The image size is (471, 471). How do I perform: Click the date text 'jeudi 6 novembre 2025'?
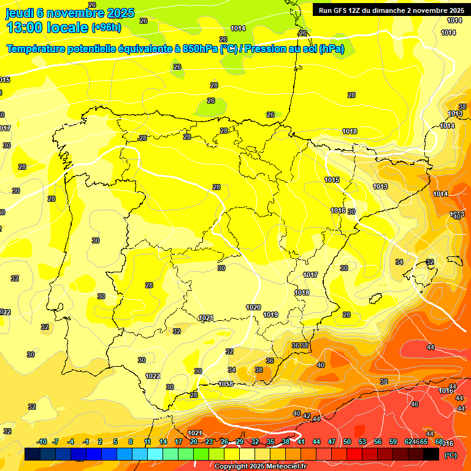tap(69, 13)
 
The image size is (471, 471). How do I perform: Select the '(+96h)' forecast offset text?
tap(106, 28)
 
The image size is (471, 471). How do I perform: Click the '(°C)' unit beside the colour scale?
tap(450, 455)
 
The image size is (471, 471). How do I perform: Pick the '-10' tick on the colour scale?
tap(42, 442)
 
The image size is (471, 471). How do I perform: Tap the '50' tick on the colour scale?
tap(347, 442)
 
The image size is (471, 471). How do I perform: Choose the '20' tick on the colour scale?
tap(194, 442)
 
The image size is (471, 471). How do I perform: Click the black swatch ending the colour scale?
tap(431, 454)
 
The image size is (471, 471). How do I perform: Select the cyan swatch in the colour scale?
tap(155, 454)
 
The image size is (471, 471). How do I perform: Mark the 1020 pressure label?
tap(253, 307)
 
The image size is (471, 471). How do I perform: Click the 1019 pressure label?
tap(270, 315)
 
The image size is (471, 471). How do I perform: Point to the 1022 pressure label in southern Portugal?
tap(153, 376)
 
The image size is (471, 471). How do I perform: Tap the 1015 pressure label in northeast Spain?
tap(332, 180)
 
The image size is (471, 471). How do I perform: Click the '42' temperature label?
tap(307, 416)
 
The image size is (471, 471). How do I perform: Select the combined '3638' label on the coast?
tap(300, 346)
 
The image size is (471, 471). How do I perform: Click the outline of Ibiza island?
tap(373, 299)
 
